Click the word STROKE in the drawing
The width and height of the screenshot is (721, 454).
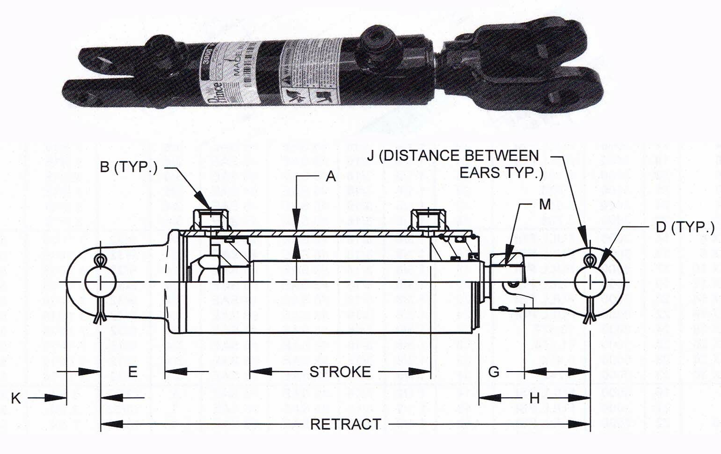340,372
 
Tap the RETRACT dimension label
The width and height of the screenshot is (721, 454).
345,424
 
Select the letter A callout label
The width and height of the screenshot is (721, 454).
331,176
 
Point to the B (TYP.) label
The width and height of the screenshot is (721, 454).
129,167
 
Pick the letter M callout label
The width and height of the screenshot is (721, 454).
545,204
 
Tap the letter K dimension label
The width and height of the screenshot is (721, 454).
16,398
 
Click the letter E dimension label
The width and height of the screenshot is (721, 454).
133,372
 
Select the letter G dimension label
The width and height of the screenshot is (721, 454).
494,372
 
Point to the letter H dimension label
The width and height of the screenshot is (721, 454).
535,398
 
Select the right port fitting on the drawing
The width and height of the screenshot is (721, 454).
428,219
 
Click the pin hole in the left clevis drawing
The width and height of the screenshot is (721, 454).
100,282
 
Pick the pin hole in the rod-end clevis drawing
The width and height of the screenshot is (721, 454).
590,282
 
